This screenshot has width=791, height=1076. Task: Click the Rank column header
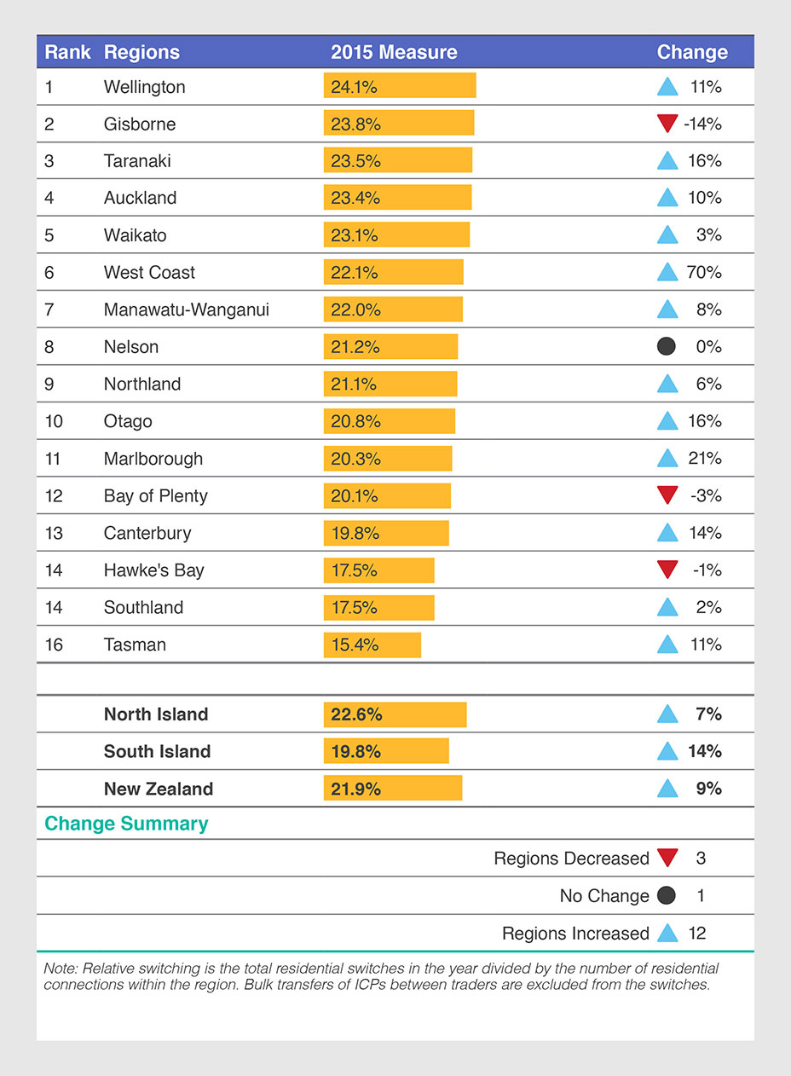point(67,52)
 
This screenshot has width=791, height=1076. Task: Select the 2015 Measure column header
point(394,52)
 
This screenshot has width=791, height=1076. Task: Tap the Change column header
point(692,52)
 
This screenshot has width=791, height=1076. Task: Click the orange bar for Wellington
point(399,86)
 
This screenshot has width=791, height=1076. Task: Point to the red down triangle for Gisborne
point(667,124)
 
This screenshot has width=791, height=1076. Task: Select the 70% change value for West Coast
point(703,272)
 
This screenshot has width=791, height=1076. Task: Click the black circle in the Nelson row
point(667,346)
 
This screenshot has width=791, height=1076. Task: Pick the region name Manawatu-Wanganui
point(186,309)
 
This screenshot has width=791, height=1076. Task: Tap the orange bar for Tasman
point(372,645)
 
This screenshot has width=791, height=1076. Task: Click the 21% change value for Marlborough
point(704,458)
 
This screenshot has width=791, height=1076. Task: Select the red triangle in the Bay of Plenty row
point(667,495)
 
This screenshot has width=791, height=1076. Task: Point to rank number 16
point(54,645)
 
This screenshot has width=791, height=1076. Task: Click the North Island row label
point(155,714)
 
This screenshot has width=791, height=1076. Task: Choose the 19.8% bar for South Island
point(385,751)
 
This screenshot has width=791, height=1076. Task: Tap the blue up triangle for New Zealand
point(667,789)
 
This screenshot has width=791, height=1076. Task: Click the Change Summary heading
point(126,824)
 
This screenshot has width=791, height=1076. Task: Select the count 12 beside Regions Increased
point(697,933)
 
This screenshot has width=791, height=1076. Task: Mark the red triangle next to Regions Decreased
point(667,858)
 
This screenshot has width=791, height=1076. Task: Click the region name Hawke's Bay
point(153,570)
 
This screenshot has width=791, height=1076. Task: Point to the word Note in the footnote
point(58,969)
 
